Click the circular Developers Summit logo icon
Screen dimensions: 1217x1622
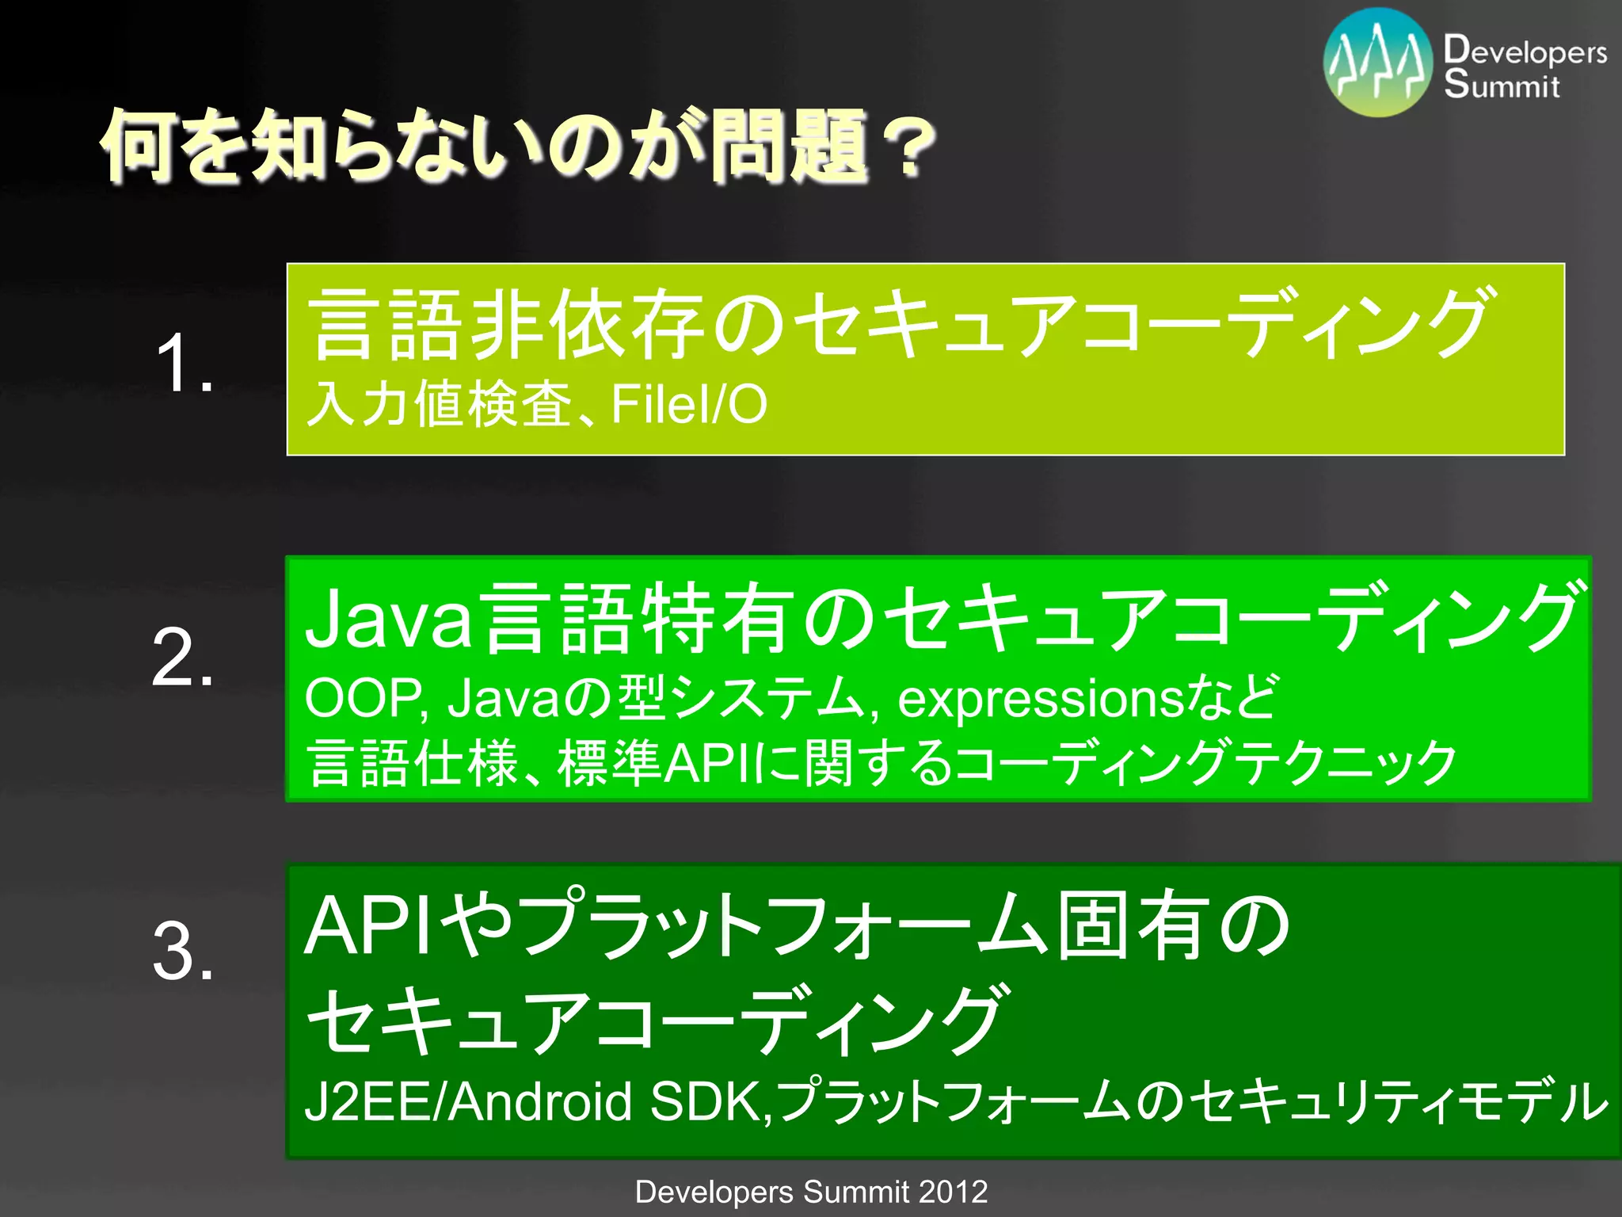coord(1378,63)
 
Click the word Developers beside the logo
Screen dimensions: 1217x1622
coord(1525,51)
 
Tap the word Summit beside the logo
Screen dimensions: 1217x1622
coord(1501,84)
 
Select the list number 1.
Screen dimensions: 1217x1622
coord(183,363)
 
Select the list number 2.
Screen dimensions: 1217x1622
coord(183,657)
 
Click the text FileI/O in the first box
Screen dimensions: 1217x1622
coord(688,404)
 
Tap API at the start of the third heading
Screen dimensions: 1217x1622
coord(367,925)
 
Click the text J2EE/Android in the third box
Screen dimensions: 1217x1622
coord(468,1101)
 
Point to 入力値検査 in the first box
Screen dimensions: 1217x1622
coord(440,404)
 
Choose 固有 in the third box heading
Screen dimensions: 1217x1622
coord(1133,925)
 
